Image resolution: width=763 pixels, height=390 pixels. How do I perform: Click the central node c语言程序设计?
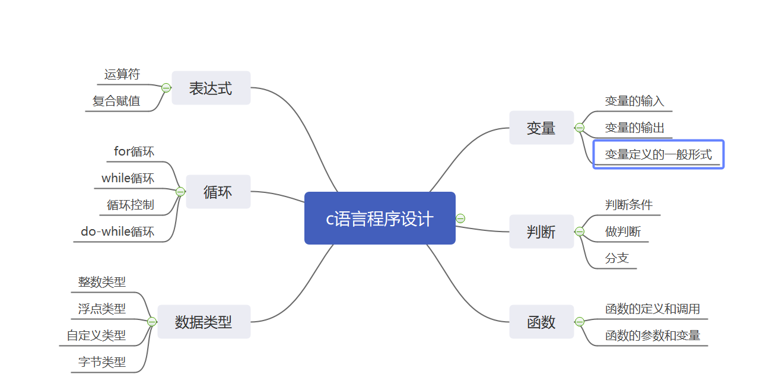[380, 218]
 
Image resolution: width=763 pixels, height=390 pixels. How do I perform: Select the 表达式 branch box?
[211, 88]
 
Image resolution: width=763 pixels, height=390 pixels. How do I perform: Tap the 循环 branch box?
[218, 192]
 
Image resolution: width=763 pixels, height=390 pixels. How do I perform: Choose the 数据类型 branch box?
[204, 322]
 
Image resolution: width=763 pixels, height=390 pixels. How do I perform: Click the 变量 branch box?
[541, 128]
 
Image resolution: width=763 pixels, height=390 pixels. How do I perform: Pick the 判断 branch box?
[541, 232]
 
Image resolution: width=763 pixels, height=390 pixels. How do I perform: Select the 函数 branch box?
[541, 322]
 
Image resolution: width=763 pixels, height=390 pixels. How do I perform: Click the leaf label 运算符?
[122, 74]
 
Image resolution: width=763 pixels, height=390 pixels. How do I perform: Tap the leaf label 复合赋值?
[116, 101]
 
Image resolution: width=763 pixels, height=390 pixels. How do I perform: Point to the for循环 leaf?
[134, 151]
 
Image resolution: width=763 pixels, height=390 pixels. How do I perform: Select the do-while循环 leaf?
[117, 232]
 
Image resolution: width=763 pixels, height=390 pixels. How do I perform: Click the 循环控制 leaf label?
[131, 205]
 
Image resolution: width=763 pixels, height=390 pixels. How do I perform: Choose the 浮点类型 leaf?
[102, 309]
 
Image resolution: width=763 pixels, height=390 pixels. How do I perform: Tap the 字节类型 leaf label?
[102, 362]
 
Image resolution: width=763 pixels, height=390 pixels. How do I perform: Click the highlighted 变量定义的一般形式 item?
[658, 154]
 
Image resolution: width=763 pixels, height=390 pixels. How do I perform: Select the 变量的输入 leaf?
[634, 101]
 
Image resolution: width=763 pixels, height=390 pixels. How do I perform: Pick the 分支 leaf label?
[617, 258]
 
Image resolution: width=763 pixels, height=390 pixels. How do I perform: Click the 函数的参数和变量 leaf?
[653, 335]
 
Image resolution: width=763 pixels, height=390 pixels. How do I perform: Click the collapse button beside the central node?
[460, 218]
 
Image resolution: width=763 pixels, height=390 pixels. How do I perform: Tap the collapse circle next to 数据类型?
[152, 322]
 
